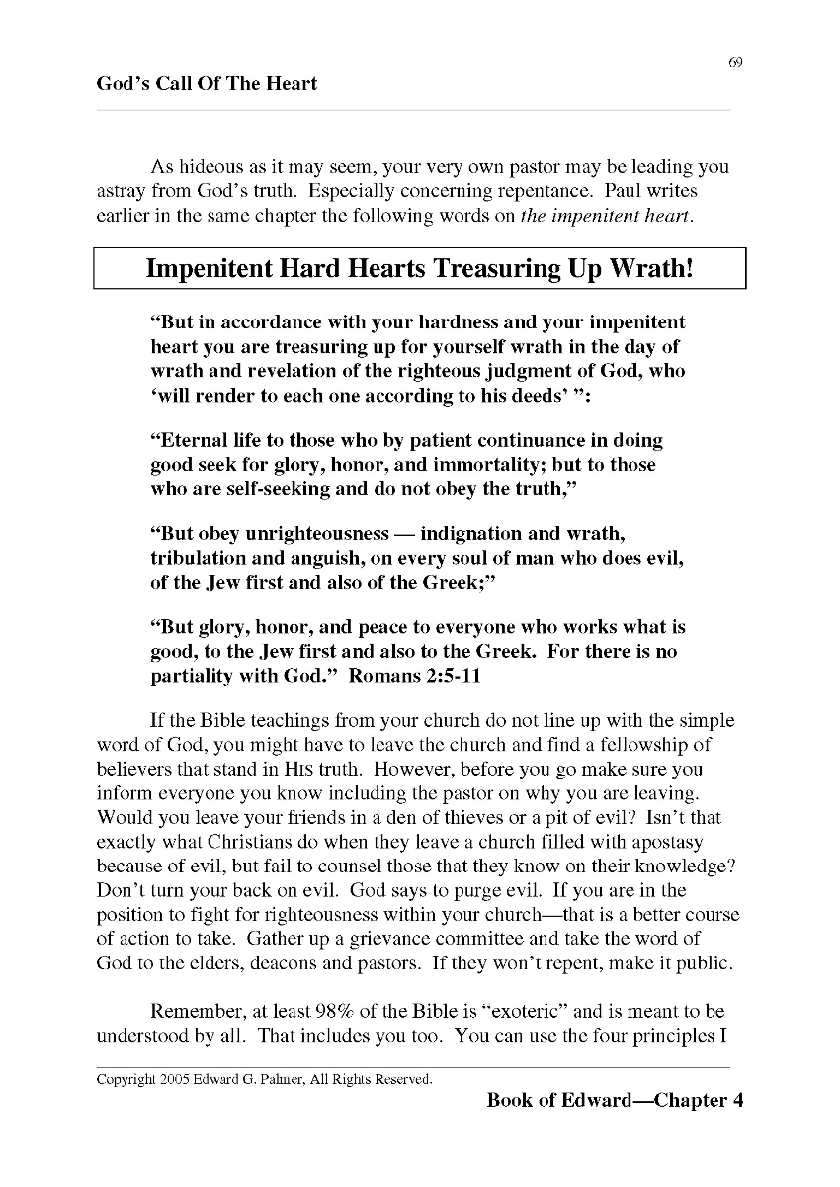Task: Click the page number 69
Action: pyautogui.click(x=735, y=63)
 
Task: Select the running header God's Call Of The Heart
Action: pyautogui.click(x=207, y=84)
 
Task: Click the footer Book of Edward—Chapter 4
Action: pyautogui.click(x=614, y=1101)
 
